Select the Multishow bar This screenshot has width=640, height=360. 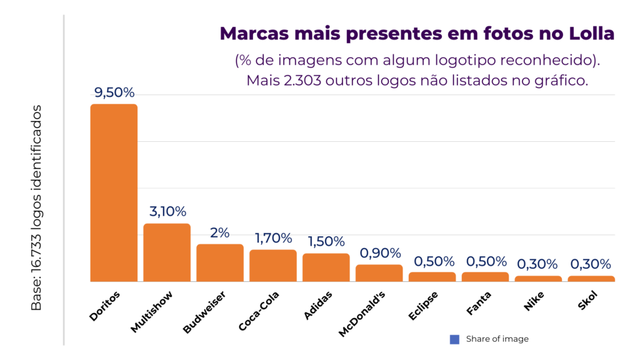point(167,252)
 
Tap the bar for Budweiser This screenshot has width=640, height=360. point(220,262)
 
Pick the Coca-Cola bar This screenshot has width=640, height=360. point(273,266)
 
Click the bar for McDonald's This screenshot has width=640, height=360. point(379,273)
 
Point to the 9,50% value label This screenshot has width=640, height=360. point(114,92)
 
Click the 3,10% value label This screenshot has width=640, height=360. point(167,212)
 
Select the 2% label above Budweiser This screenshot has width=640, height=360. point(220,232)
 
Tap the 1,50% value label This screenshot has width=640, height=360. point(326,241)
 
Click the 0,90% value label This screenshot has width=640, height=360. point(379,253)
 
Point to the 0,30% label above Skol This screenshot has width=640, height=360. point(591,264)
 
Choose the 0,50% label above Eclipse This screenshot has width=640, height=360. point(432,261)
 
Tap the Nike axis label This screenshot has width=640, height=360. point(532,301)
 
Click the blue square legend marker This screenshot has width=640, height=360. point(454,339)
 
